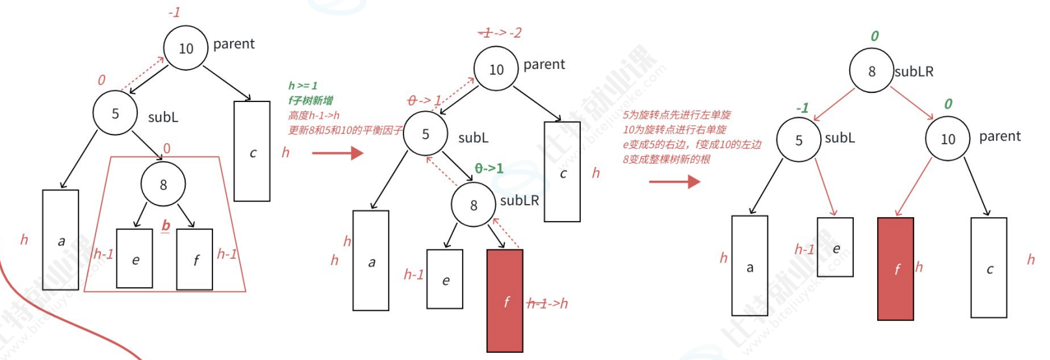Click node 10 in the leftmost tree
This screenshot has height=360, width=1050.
tap(186, 47)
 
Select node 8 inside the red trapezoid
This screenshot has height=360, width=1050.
tap(163, 185)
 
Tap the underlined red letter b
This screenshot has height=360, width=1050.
tap(166, 225)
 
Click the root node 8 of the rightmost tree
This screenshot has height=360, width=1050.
tap(871, 71)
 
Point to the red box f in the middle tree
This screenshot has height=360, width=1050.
tap(505, 301)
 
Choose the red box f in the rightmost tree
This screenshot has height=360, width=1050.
tap(895, 268)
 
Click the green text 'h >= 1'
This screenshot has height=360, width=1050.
tap(303, 85)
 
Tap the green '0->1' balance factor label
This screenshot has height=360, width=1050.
tap(489, 168)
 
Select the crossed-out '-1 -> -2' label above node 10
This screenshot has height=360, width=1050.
tap(500, 32)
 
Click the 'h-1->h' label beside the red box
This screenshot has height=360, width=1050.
tap(547, 303)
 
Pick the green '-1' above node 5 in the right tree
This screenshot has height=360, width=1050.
tap(802, 108)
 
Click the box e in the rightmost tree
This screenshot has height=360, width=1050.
tap(835, 248)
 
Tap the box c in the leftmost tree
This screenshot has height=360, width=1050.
tap(252, 151)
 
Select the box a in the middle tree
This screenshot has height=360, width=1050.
tap(371, 261)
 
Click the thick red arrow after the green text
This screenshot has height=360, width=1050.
tap(337, 153)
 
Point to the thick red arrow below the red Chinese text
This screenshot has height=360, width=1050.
tap(674, 181)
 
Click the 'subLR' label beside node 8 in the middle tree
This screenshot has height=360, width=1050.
tap(519, 200)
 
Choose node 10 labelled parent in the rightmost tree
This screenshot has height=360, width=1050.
tap(947, 138)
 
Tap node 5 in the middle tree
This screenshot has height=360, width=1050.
tap(426, 134)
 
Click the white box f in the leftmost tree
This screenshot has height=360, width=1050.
tap(195, 259)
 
